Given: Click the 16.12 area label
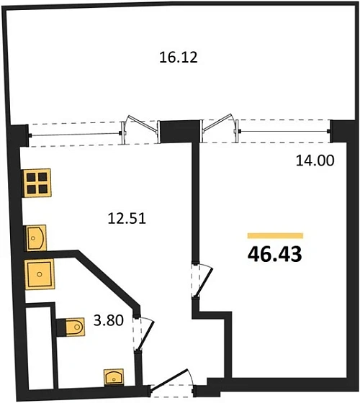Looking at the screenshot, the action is tap(179, 57).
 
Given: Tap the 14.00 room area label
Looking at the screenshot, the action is tap(315, 160).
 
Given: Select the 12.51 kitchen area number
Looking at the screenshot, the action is tap(127, 219).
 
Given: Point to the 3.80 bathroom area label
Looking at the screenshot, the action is tap(109, 320).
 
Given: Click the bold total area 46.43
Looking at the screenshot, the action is tap(274, 254).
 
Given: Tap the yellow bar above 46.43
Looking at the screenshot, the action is tap(275, 236).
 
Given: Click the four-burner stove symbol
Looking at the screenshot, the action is tap(37, 183).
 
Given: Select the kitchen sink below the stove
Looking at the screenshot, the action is tap(35, 238).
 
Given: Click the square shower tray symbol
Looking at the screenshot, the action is tap(40, 274).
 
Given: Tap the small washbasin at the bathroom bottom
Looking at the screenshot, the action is tap(114, 377).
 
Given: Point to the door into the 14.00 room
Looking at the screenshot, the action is tap(202, 281).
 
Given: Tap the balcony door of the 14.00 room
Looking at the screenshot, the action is tap(220, 127).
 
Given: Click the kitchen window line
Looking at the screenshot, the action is tap(75, 135).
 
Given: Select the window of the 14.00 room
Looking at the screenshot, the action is tap(284, 131).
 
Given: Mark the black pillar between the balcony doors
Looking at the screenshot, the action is tap(179, 132).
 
